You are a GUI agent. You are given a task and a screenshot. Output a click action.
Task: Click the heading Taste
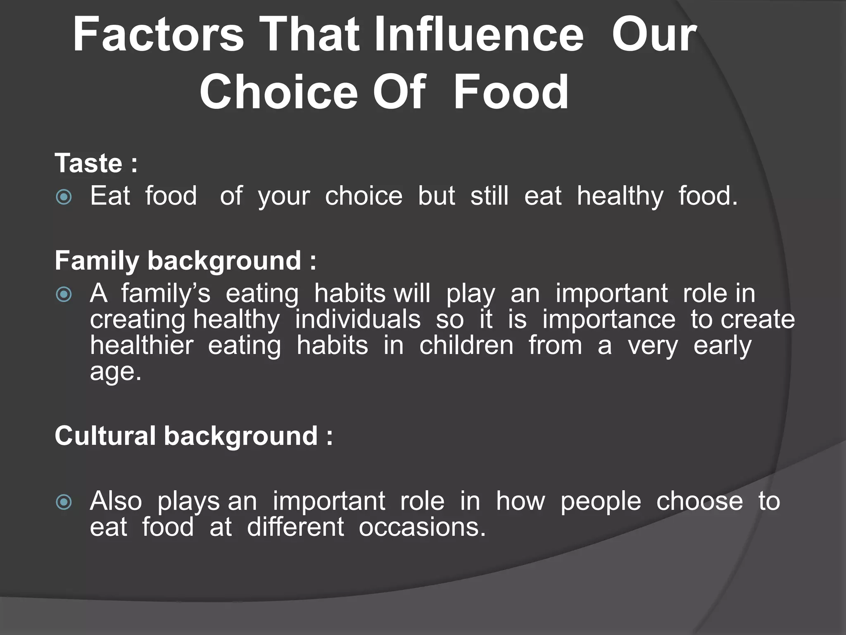click(x=88, y=163)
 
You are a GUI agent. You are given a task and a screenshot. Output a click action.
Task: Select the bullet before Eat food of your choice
click(x=64, y=197)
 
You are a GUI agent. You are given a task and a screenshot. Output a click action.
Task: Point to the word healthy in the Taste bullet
click(x=620, y=196)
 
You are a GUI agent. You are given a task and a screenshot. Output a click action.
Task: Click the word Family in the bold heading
click(x=97, y=261)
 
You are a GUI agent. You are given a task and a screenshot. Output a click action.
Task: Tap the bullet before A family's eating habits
click(x=64, y=295)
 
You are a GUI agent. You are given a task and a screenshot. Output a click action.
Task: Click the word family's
click(x=166, y=294)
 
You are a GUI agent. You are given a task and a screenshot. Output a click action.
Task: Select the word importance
click(x=609, y=320)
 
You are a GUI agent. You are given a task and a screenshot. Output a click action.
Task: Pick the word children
click(x=466, y=345)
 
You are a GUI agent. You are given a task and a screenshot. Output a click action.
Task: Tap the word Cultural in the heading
click(x=105, y=436)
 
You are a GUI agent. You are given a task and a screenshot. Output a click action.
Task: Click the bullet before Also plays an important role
click(x=64, y=503)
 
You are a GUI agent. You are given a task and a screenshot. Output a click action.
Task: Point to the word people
click(x=600, y=502)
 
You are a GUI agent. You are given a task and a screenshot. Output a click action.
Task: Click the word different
click(x=295, y=528)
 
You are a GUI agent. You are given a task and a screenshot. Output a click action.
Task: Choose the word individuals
click(x=358, y=320)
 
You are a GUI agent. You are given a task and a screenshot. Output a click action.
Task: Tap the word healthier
click(x=142, y=345)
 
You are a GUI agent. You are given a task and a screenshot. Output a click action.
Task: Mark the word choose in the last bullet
click(x=699, y=502)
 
